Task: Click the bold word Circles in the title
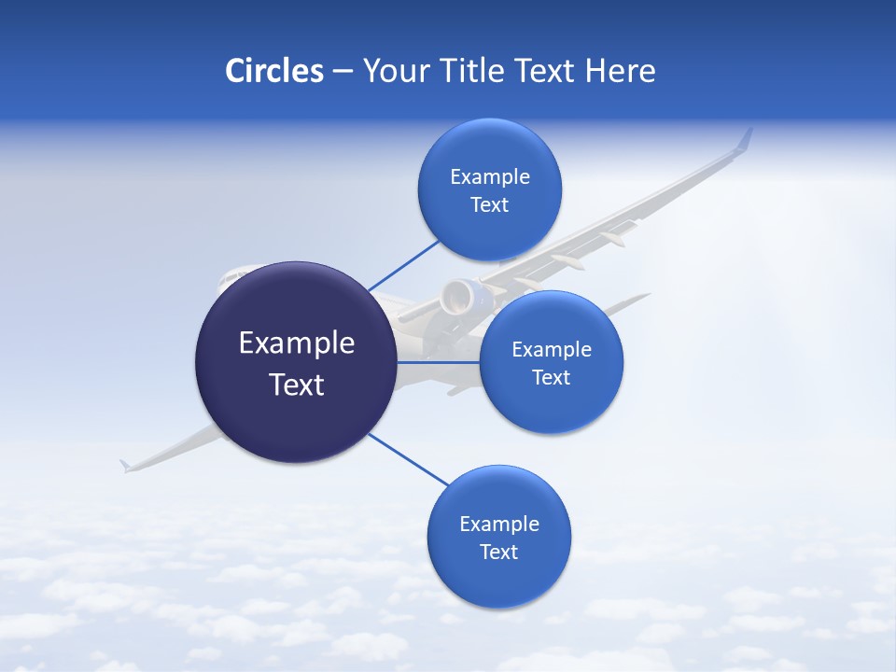click(x=274, y=71)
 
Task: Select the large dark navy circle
click(x=296, y=362)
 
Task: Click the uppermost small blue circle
click(x=489, y=189)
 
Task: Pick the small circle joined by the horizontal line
click(x=551, y=362)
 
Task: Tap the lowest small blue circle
click(x=498, y=537)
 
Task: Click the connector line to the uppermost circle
click(x=403, y=264)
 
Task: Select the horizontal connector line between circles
click(x=438, y=362)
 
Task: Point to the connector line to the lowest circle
click(x=409, y=460)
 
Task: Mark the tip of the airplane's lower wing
click(x=125, y=465)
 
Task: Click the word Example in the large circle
click(x=297, y=343)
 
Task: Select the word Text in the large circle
click(x=297, y=385)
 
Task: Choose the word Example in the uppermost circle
click(x=489, y=176)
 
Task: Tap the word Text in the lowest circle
click(x=498, y=552)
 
